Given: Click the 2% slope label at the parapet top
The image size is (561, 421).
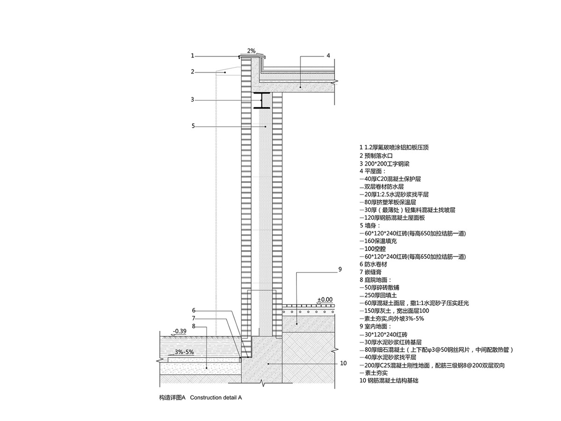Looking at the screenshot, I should click(x=252, y=51).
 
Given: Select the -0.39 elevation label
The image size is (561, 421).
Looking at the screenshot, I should click(x=180, y=331).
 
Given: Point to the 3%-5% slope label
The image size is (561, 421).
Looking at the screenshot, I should click(x=184, y=352).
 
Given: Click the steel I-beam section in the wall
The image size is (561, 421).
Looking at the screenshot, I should click(x=263, y=101).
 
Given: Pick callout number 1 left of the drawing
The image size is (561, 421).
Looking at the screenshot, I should click(x=192, y=56).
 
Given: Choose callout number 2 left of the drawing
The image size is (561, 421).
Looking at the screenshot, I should click(x=192, y=72).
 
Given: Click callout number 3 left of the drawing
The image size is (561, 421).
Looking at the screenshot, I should click(x=192, y=99).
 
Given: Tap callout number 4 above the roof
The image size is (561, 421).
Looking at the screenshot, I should click(x=328, y=55).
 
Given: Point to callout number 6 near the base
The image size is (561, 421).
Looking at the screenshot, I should click(x=194, y=310).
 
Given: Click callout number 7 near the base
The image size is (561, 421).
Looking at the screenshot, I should click(x=194, y=318).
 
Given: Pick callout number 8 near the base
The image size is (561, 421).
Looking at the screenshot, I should click(x=194, y=326).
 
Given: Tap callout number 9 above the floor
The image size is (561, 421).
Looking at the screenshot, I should click(x=340, y=269).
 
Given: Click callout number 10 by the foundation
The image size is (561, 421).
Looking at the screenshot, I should click(x=344, y=363).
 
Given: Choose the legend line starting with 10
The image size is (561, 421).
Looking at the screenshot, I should click(x=389, y=381).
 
